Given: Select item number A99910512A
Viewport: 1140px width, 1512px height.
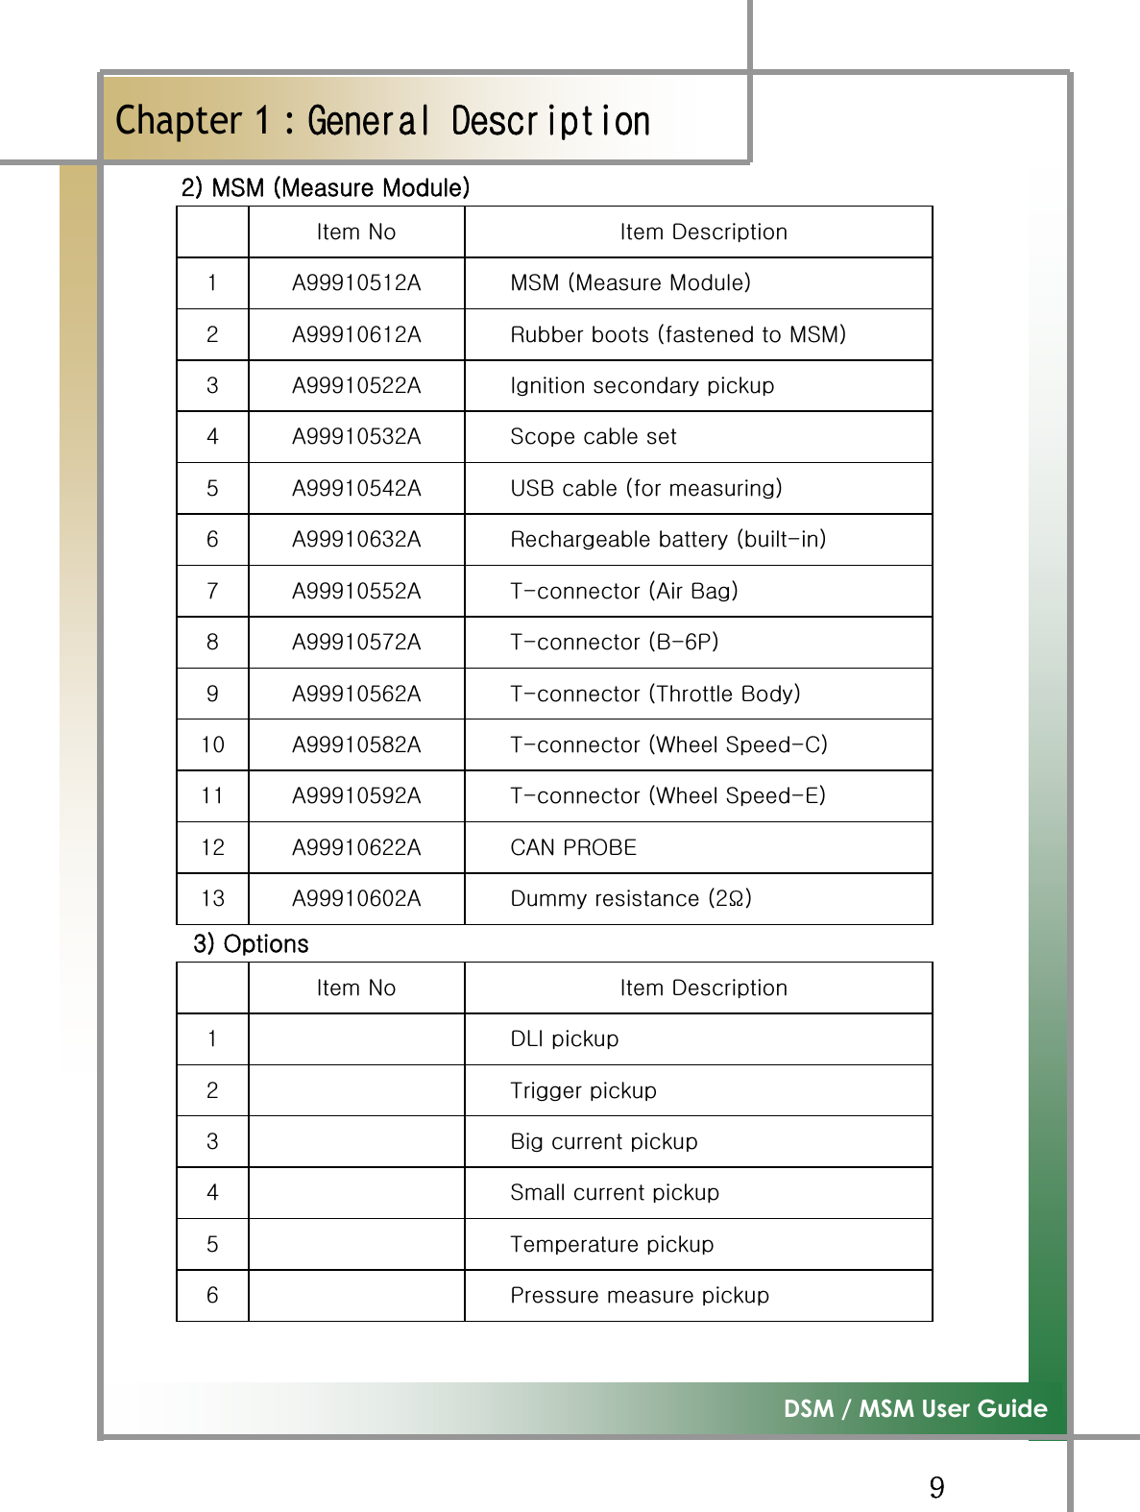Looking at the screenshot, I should (356, 283).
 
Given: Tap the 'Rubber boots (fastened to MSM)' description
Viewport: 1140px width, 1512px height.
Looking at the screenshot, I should (678, 334).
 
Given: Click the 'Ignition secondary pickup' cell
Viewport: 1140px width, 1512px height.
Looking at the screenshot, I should (642, 386).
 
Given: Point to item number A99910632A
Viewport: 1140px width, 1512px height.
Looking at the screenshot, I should (356, 540).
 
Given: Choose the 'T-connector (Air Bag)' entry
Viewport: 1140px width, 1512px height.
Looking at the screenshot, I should (624, 591).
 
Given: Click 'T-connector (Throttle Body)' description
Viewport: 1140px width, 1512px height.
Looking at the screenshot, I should (655, 694).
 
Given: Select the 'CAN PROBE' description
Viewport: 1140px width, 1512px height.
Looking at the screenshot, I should (573, 847).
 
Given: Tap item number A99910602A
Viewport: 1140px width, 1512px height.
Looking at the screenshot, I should (356, 899).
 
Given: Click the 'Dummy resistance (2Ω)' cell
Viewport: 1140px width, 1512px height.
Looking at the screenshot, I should (631, 899).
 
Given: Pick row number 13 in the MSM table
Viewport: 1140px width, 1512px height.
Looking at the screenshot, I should (212, 899).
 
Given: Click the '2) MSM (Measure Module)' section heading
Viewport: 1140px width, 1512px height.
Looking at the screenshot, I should (326, 187).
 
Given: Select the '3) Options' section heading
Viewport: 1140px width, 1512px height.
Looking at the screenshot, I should (251, 943).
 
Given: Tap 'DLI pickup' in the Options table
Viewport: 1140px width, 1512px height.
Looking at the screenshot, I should (565, 1039).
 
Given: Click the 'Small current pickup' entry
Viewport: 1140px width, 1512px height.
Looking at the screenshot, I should (615, 1193).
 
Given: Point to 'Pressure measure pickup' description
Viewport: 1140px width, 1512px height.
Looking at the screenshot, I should (640, 1296).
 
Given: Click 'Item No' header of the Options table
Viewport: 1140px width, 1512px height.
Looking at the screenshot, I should (356, 988).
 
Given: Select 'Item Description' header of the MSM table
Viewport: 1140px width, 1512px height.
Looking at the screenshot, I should (703, 232).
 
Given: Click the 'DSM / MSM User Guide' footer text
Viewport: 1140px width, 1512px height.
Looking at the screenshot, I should (914, 1409).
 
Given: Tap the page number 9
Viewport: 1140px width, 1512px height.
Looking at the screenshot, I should (936, 1488).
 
